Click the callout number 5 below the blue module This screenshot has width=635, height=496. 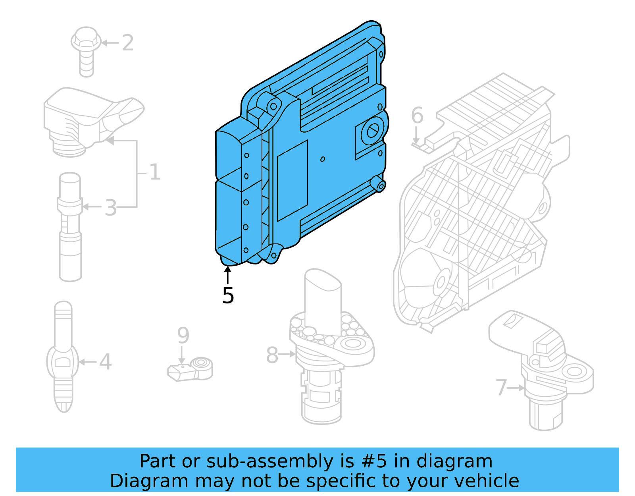point(228,295)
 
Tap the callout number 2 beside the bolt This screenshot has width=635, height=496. point(127,43)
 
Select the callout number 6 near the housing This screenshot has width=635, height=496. point(417,116)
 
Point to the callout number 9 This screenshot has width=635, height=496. point(183,336)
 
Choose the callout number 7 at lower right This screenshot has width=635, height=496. point(501,388)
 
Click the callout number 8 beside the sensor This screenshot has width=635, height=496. point(272,355)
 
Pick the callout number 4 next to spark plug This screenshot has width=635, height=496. point(105,362)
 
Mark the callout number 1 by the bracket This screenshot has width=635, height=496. point(154,172)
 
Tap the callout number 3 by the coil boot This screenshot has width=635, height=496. point(111,208)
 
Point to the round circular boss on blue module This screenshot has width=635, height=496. point(372,131)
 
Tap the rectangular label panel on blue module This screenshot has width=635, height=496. point(292,181)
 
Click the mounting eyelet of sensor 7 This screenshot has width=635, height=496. point(573,372)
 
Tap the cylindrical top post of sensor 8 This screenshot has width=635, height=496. point(322,302)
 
